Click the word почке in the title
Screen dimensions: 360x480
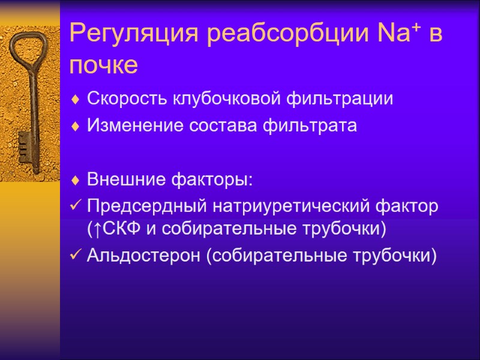[104, 65]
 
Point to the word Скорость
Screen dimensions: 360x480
[127, 99]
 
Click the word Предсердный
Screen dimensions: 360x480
[146, 206]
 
